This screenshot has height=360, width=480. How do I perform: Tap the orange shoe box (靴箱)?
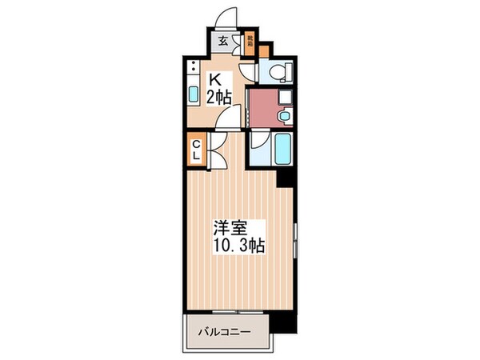point(250,41)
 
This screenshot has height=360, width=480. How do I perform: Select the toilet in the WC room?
point(277,73)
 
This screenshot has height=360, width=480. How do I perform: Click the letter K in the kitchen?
point(216,80)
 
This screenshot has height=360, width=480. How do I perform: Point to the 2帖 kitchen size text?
point(221,98)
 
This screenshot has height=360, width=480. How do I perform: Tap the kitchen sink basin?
point(194,94)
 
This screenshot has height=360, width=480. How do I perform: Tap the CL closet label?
point(196,150)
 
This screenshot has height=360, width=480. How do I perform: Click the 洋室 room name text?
point(226,227)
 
